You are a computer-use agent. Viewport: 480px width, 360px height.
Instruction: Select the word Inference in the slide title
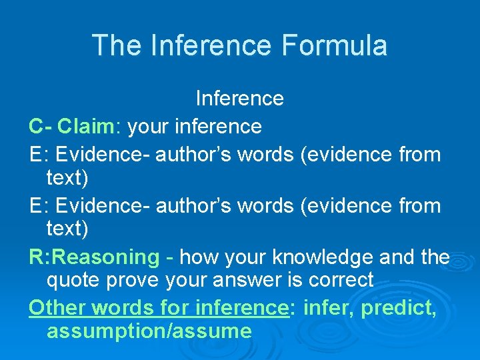(x=212, y=45)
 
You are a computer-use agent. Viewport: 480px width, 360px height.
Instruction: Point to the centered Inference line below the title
(x=240, y=99)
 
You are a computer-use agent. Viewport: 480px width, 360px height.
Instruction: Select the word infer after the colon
(x=323, y=308)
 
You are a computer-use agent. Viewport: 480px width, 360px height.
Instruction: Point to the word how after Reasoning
(x=198, y=257)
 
